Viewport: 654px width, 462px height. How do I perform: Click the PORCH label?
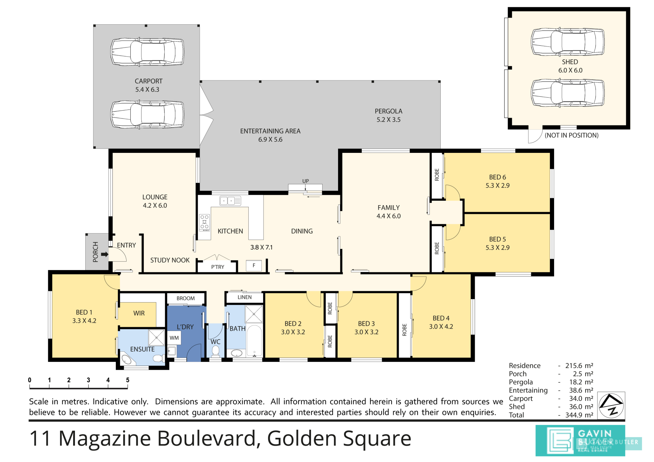click(95, 252)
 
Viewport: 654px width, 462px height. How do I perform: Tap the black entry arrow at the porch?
click(104, 254)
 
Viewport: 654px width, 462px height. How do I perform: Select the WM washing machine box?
click(174, 338)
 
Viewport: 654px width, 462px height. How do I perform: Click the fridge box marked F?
click(254, 265)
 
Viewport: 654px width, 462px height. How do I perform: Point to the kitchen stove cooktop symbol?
click(205, 223)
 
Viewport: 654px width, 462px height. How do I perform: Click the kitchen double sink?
click(230, 201)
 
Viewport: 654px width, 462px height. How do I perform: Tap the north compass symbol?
click(611, 405)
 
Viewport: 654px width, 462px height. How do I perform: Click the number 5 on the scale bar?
click(128, 380)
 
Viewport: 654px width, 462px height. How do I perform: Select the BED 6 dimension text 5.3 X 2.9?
click(498, 185)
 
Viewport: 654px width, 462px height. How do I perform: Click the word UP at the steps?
click(306, 181)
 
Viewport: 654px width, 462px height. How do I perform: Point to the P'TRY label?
click(218, 267)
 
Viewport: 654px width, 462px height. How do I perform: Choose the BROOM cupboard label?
click(186, 298)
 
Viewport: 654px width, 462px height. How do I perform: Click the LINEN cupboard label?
click(244, 297)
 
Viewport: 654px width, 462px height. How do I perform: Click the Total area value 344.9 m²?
click(579, 415)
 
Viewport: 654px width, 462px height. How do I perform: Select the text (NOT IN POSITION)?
click(571, 135)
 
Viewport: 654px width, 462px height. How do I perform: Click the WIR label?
click(139, 313)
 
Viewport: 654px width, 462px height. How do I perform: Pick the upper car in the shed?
click(568, 42)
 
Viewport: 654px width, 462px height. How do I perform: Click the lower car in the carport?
click(147, 114)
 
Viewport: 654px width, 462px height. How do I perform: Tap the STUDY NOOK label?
click(170, 260)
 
